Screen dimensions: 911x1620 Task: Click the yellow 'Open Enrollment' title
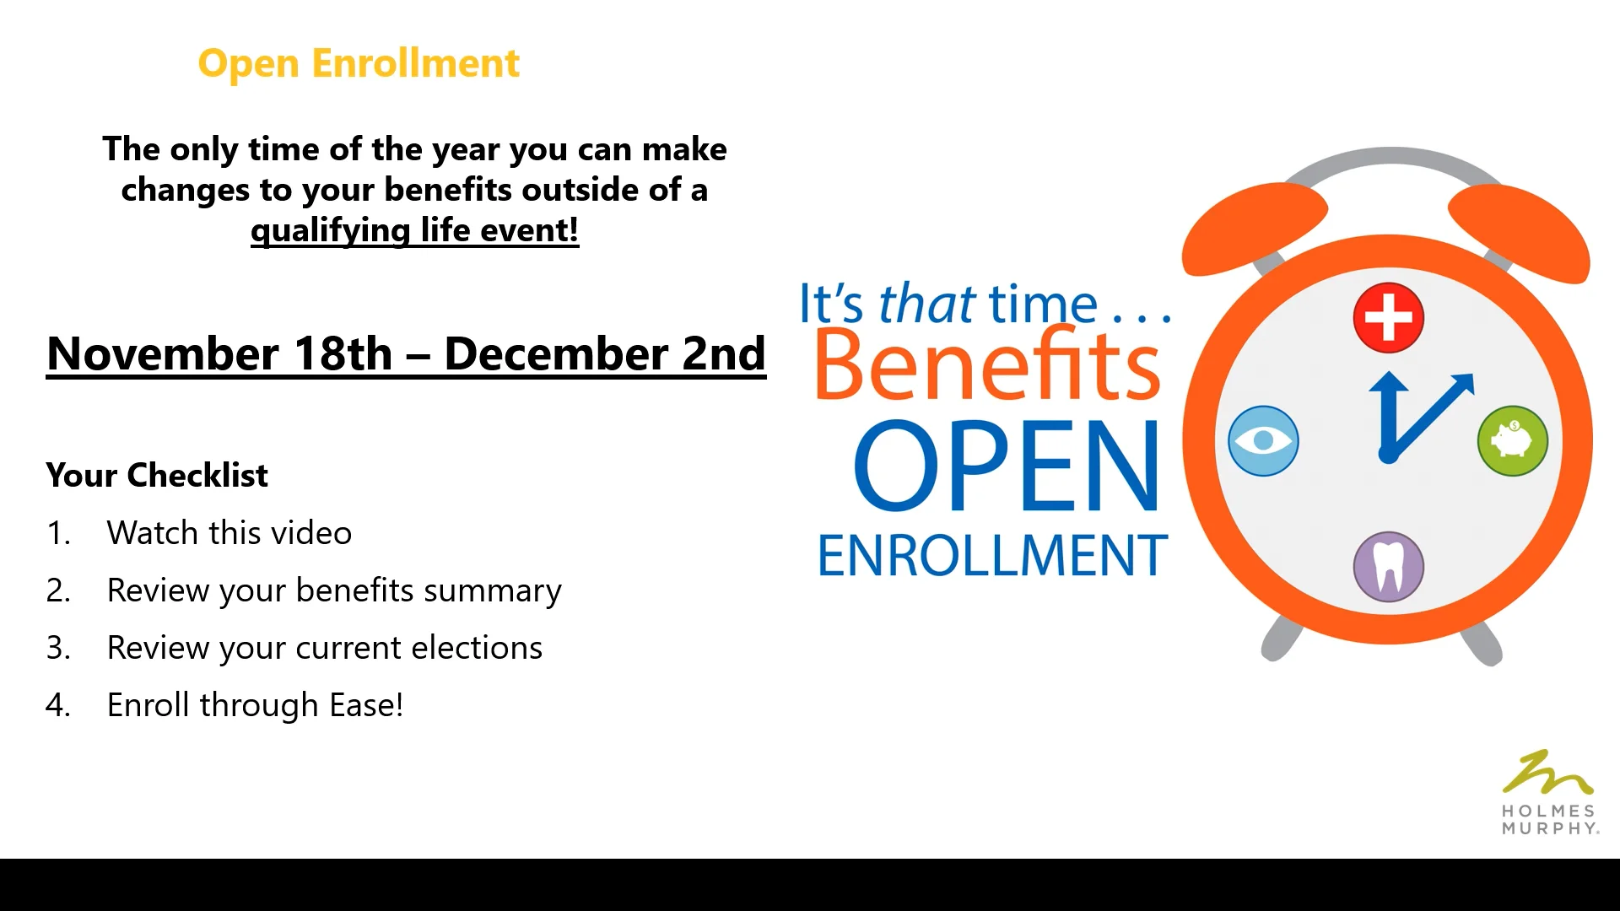tap(359, 63)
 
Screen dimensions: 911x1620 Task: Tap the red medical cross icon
tap(1388, 318)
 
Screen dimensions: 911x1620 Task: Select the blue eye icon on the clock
tap(1263, 441)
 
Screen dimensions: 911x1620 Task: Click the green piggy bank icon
tap(1512, 441)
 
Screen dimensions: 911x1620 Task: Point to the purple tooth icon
tap(1388, 566)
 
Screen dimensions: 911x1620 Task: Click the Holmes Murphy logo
tap(1549, 793)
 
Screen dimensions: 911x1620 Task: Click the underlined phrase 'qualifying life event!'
tap(414, 230)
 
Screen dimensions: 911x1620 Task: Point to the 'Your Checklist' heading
tap(157, 476)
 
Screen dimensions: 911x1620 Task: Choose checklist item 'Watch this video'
tap(229, 533)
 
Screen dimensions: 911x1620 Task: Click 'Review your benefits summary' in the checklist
tap(333, 590)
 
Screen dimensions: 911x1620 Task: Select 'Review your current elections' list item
tap(324, 648)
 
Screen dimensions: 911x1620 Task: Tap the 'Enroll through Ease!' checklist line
tap(255, 705)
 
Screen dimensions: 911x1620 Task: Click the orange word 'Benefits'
tap(987, 364)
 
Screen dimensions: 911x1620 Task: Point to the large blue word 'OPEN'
tap(1007, 466)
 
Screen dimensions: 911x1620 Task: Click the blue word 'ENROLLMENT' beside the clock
tap(992, 556)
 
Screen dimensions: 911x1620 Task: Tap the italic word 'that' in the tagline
tap(926, 304)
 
